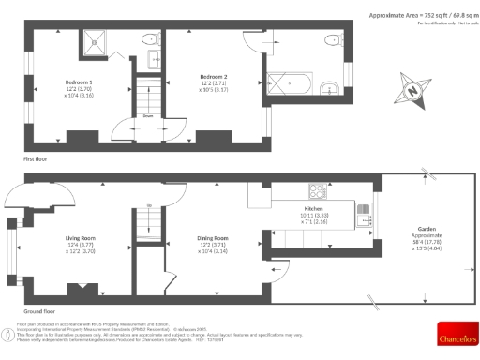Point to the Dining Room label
tap(213, 238)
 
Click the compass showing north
tap(411, 92)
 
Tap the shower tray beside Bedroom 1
tap(97, 39)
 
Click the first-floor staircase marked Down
tap(148, 96)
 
